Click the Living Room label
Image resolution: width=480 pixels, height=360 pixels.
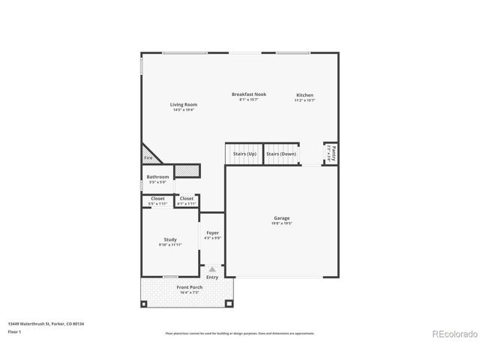183,105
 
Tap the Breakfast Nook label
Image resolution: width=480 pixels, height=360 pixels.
248,94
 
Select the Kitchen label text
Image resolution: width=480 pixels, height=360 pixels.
304,95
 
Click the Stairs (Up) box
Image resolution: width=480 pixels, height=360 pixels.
244,153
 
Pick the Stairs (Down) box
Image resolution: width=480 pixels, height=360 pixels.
281,153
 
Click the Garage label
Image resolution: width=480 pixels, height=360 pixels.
281,218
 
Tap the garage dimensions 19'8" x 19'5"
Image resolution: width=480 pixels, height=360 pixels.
281,223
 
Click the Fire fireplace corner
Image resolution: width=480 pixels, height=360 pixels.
148,157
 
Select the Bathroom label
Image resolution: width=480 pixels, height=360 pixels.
157,177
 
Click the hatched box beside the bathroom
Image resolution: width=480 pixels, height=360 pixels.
189,172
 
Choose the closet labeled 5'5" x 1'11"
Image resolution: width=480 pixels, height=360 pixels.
157,201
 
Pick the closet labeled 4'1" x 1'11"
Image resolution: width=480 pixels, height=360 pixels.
187,201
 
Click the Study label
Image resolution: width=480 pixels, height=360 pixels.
170,240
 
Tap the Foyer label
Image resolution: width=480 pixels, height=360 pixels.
212,233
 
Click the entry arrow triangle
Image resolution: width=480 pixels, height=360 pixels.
212,268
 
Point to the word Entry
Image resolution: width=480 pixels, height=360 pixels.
212,277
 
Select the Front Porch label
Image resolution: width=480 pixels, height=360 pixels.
188,287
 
